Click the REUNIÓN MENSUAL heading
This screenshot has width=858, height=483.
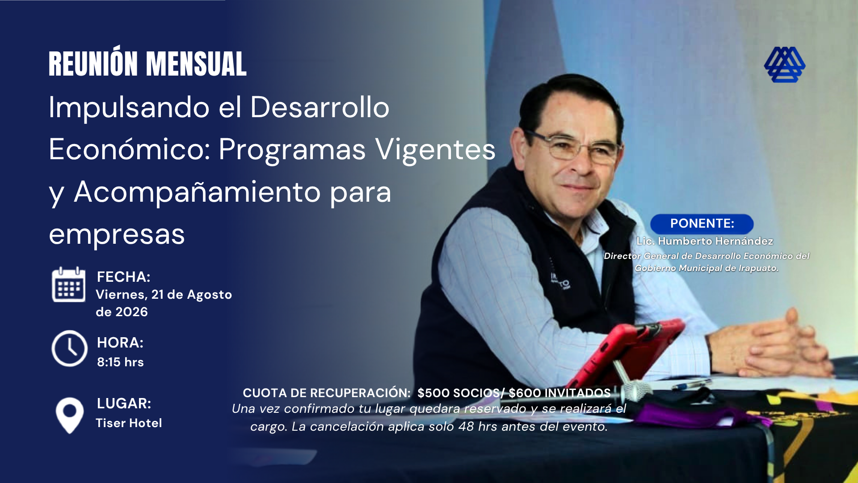(x=147, y=63)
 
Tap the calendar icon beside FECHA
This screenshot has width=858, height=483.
(x=68, y=285)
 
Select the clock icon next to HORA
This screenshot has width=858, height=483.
(x=69, y=348)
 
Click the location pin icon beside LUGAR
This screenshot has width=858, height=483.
(x=69, y=415)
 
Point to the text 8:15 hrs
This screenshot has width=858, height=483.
(x=120, y=362)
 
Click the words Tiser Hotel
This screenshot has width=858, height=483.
(x=129, y=423)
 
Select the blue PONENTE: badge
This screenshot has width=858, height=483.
(x=702, y=224)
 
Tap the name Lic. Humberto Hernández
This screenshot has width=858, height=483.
(x=705, y=241)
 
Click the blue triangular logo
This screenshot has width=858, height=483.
(x=785, y=65)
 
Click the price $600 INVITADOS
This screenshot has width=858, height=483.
(x=559, y=393)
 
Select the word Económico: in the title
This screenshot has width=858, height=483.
(x=130, y=149)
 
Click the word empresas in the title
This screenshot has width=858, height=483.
(x=117, y=234)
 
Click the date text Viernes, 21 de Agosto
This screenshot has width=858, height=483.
(x=164, y=295)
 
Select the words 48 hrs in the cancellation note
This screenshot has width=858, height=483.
(x=477, y=427)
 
